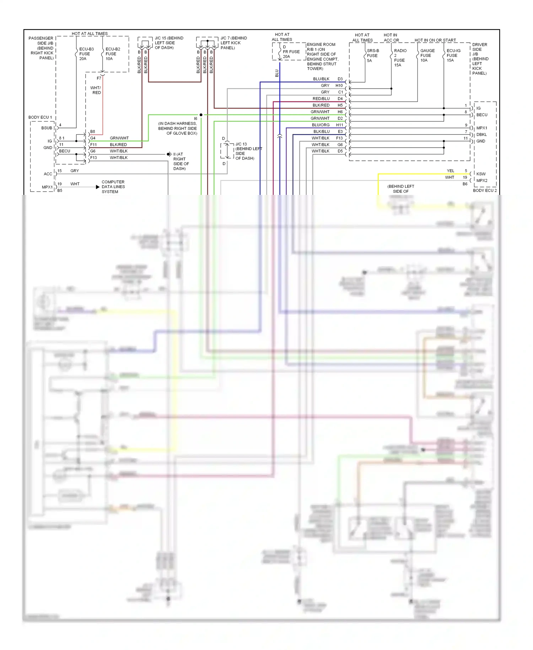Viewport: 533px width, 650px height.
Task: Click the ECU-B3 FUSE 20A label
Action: [86, 54]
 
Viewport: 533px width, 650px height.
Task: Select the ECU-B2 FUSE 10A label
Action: [112, 54]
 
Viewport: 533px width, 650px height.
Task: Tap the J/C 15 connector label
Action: [169, 43]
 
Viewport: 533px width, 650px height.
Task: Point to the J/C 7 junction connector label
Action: [233, 43]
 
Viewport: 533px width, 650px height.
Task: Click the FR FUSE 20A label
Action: [291, 52]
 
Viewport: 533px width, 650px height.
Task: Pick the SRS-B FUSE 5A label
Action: [372, 55]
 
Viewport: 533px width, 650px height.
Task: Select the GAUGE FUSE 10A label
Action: [427, 55]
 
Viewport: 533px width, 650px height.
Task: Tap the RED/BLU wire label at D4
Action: [321, 98]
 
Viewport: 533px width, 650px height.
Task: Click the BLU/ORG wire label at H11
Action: [321, 125]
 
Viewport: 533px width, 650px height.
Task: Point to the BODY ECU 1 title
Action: [40, 117]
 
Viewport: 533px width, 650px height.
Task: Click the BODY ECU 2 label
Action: [485, 191]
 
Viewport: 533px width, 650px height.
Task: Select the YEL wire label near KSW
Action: [450, 171]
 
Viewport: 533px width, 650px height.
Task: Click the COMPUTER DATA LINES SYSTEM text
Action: [113, 187]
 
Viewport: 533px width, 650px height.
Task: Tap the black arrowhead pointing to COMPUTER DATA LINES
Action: [98, 187]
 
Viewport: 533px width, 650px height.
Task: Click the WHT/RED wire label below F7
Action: [96, 90]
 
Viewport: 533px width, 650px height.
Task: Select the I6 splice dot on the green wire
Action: [201, 115]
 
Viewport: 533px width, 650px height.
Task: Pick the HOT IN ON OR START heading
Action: [435, 40]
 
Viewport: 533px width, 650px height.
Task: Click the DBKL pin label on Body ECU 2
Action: [481, 134]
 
